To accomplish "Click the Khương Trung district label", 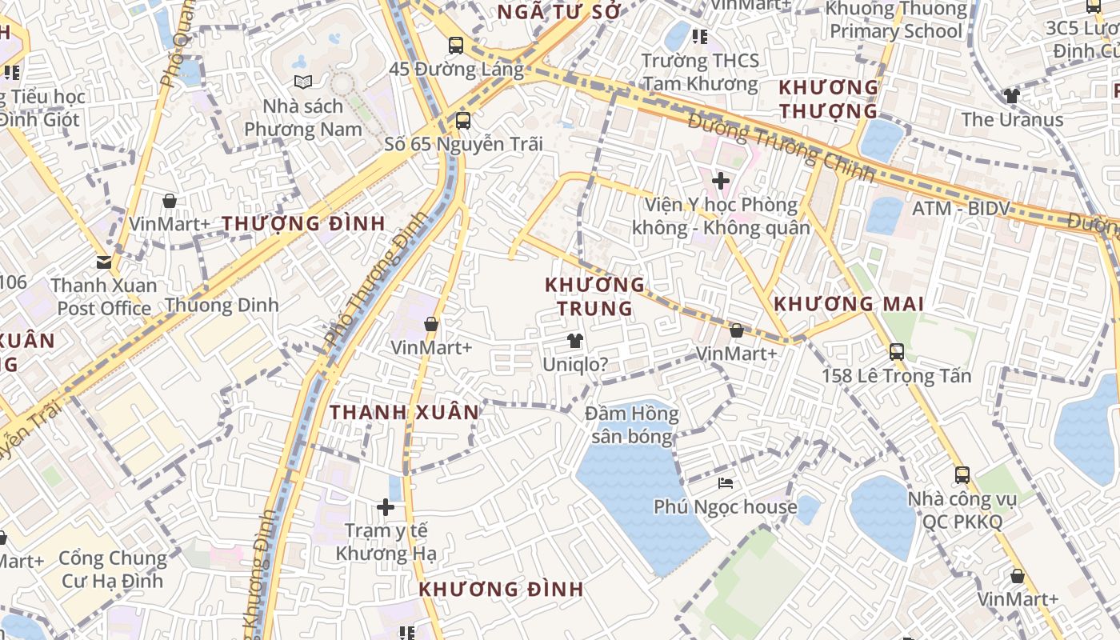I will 594,296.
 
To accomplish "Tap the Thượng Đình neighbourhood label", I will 303,223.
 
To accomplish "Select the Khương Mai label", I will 849,304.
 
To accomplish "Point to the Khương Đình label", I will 501,590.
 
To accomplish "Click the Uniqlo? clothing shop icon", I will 574,342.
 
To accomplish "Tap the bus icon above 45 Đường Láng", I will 456,46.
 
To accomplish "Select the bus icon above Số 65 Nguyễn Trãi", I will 462,121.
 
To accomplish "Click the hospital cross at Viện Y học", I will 721,181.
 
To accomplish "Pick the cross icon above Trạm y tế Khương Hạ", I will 386,506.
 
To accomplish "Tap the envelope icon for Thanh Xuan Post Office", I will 103,262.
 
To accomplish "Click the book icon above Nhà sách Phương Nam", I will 302,82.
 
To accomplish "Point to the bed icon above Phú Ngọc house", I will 726,483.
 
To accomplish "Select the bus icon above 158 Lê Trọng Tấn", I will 896,351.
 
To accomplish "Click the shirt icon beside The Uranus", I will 1012,96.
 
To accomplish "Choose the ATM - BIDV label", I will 961,210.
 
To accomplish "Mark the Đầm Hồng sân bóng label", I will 632,425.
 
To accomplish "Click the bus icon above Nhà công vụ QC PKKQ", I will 962,475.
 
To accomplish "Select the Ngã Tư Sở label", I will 559,12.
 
